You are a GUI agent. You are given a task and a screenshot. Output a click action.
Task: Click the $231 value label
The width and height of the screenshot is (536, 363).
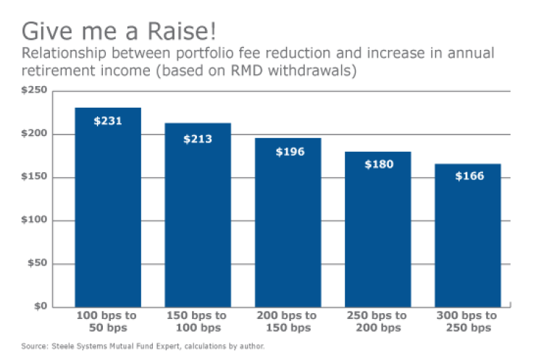pyautogui.click(x=108, y=121)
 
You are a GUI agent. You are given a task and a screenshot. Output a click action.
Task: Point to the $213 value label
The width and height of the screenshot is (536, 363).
pyautogui.click(x=198, y=138)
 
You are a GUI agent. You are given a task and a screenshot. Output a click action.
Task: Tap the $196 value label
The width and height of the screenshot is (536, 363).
pyautogui.click(x=288, y=152)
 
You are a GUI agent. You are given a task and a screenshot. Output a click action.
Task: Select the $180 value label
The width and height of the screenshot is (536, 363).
pyautogui.click(x=377, y=164)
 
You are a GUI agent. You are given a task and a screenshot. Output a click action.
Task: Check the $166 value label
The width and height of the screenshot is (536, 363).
pyautogui.click(x=467, y=176)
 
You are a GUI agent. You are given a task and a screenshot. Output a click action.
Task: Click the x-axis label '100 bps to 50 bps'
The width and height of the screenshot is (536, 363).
pyautogui.click(x=108, y=322)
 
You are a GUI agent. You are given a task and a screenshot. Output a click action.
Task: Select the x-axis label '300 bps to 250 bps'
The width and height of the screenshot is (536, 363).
pyautogui.click(x=467, y=322)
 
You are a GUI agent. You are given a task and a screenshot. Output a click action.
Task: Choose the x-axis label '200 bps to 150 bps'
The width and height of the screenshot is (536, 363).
pyautogui.click(x=288, y=322)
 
